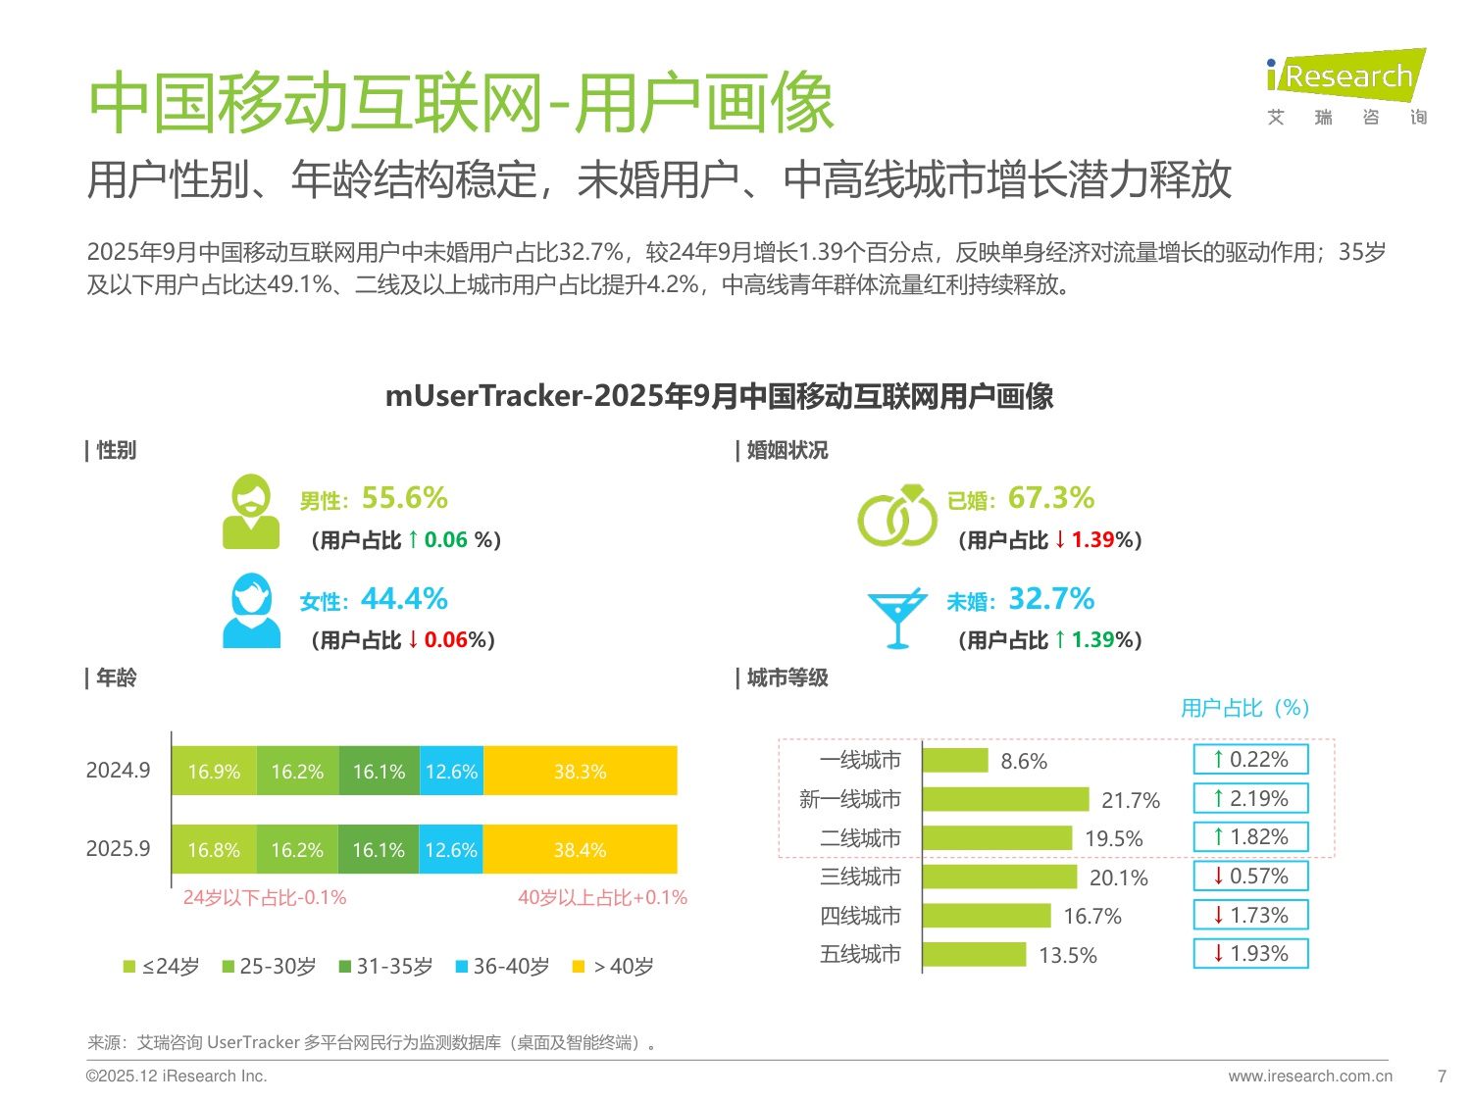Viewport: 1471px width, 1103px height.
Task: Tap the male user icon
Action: click(251, 511)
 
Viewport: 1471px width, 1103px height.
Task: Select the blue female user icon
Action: click(251, 611)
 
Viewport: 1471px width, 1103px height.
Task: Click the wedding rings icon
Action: click(897, 515)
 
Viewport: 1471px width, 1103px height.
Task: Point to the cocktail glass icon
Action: click(896, 618)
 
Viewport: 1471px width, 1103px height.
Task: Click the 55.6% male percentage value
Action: click(404, 498)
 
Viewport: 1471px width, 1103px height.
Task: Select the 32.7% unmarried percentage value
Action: click(1051, 598)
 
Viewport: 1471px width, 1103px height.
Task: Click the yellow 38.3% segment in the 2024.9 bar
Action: click(580, 772)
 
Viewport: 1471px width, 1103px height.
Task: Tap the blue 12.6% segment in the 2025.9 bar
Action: click(451, 850)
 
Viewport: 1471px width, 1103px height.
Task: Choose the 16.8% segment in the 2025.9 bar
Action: click(214, 850)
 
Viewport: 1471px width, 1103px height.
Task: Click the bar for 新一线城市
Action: click(1005, 800)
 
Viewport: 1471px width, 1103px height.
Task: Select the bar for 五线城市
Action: click(974, 955)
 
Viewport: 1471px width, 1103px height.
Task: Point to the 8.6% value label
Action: click(1024, 762)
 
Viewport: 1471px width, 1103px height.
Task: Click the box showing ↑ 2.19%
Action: click(1250, 799)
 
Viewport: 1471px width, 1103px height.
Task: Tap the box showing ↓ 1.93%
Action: click(1250, 954)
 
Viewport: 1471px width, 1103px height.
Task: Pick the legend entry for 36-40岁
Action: click(502, 967)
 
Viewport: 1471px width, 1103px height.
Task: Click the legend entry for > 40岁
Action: click(613, 967)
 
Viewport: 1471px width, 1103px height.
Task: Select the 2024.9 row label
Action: click(118, 771)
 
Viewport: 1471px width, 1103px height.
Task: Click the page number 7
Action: click(1442, 1076)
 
